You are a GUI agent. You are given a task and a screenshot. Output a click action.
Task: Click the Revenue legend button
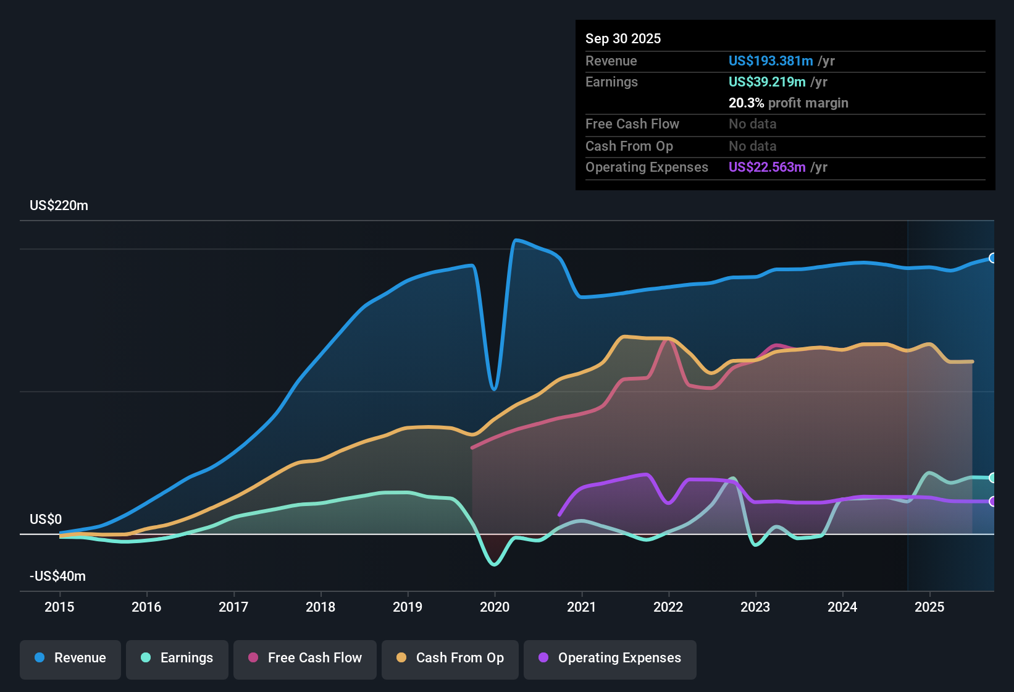click(70, 658)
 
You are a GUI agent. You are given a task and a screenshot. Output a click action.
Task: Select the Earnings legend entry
click(177, 658)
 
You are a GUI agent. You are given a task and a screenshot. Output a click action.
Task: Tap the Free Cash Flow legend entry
click(305, 658)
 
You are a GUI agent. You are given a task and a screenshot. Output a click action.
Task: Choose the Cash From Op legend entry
click(450, 658)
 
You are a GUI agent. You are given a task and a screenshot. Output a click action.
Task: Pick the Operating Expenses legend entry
click(610, 658)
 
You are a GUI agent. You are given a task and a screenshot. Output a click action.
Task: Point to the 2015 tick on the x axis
click(59, 607)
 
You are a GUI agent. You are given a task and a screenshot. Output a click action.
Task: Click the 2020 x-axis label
click(495, 607)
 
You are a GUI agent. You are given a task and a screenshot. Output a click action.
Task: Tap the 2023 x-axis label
click(755, 607)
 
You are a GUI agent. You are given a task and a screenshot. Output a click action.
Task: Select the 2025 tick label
click(929, 607)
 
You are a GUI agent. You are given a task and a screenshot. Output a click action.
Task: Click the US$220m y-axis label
click(59, 206)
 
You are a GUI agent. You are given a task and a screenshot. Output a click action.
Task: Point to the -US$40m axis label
click(57, 576)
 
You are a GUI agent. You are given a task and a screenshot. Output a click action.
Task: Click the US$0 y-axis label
click(46, 519)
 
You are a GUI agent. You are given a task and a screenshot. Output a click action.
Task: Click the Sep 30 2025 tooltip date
click(623, 38)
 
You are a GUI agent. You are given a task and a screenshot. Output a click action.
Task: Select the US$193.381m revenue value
click(771, 61)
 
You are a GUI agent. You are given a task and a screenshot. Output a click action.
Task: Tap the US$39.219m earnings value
click(767, 82)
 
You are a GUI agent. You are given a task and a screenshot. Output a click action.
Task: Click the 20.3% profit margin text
click(788, 103)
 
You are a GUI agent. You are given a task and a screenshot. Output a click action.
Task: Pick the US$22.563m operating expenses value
click(767, 167)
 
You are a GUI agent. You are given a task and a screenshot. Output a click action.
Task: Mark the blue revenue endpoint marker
click(992, 258)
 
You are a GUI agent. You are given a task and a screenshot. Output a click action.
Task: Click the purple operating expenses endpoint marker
click(992, 501)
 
